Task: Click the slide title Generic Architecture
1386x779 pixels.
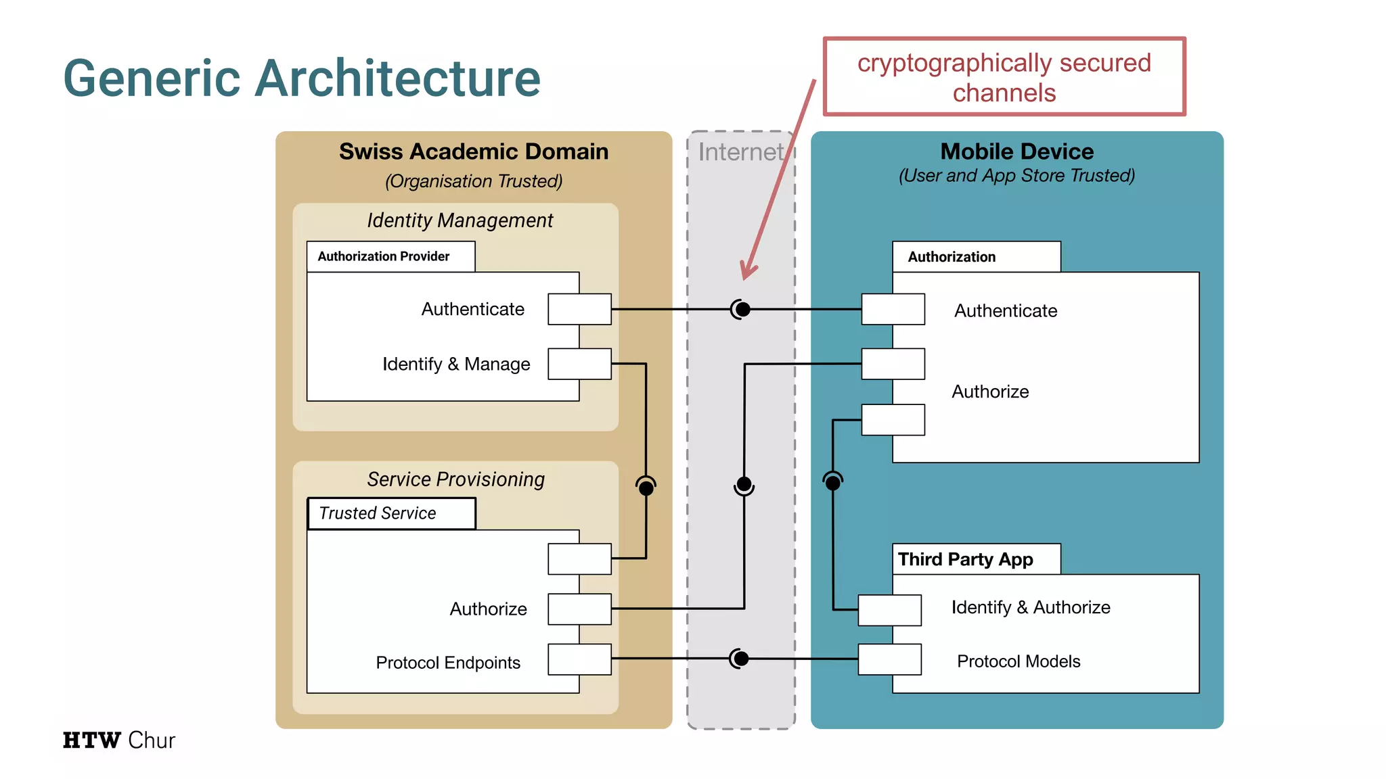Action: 302,78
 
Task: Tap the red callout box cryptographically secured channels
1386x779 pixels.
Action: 1004,77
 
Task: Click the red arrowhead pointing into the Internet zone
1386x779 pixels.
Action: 747,270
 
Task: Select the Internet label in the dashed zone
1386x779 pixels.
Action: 740,152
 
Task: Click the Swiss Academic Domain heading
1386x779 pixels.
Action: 473,151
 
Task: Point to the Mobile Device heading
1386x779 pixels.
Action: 1016,151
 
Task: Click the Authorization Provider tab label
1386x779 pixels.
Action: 384,256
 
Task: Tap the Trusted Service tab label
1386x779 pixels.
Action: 378,513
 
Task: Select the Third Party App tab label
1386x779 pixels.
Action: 965,559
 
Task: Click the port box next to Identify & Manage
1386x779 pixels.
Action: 579,364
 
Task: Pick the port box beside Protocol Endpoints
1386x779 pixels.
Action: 579,659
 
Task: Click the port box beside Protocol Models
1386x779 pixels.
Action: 889,659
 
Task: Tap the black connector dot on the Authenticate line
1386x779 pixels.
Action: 742,309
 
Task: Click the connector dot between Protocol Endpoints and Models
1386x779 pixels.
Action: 740,658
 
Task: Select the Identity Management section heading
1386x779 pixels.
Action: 460,220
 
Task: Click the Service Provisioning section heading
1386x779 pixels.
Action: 455,479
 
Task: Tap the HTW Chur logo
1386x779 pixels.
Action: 119,740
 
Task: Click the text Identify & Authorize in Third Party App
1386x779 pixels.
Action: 1030,607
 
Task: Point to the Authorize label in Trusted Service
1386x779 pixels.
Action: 488,609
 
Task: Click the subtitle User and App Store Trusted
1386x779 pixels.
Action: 1016,176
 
